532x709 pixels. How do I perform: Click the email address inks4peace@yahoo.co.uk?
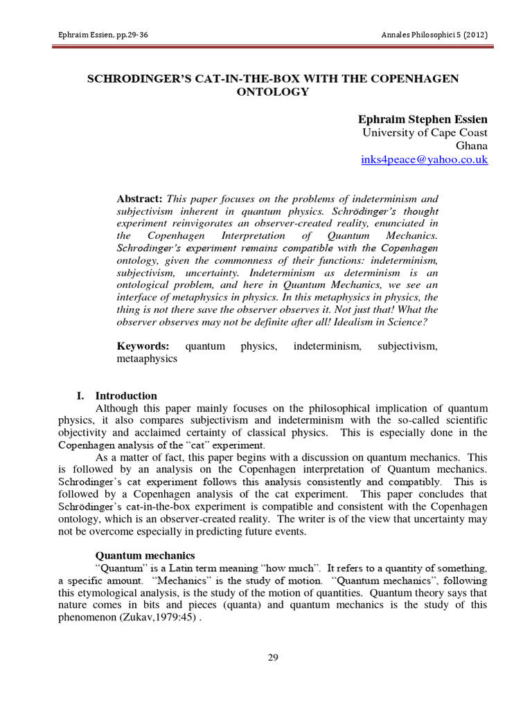425,159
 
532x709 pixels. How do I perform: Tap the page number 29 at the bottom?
272,658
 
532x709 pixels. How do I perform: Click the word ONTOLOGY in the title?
272,92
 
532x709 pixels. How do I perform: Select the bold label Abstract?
139,198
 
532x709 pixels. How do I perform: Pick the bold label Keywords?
143,345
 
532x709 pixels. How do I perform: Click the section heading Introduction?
126,395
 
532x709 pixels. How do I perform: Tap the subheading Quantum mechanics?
145,555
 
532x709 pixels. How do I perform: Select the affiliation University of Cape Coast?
425,132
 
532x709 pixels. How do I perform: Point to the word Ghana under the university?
472,146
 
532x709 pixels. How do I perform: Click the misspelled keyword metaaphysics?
147,359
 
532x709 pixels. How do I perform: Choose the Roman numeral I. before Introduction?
80,395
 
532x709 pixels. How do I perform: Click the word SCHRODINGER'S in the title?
132,78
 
